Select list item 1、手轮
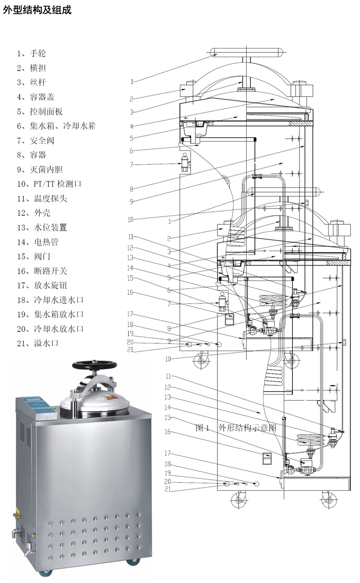[32, 53]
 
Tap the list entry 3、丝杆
[32, 82]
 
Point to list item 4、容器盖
[36, 97]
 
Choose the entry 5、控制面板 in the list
[40, 111]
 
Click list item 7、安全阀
[36, 140]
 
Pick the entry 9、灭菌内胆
[40, 170]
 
